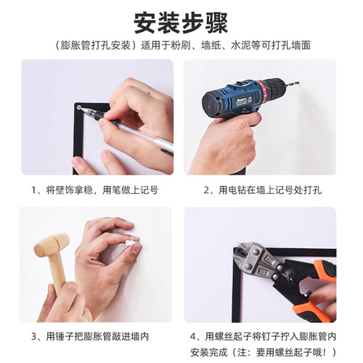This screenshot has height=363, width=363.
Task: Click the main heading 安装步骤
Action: (x=181, y=23)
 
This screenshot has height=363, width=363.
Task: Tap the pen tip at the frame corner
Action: (x=81, y=108)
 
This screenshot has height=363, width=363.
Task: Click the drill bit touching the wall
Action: (x=293, y=84)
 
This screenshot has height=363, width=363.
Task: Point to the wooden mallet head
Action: (x=52, y=245)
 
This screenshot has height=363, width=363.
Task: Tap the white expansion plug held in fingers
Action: (x=130, y=242)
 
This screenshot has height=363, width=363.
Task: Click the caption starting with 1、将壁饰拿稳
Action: (x=95, y=190)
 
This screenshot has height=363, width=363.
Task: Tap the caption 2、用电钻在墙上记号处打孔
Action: (x=263, y=190)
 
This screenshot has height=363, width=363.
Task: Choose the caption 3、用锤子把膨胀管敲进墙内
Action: (x=90, y=336)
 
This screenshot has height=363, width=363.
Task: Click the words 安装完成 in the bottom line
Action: (x=209, y=352)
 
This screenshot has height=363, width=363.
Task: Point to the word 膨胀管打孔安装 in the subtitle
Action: (x=96, y=45)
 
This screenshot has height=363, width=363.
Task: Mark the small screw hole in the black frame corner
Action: (x=78, y=107)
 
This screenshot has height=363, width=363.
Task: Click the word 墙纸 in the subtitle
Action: (x=211, y=45)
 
